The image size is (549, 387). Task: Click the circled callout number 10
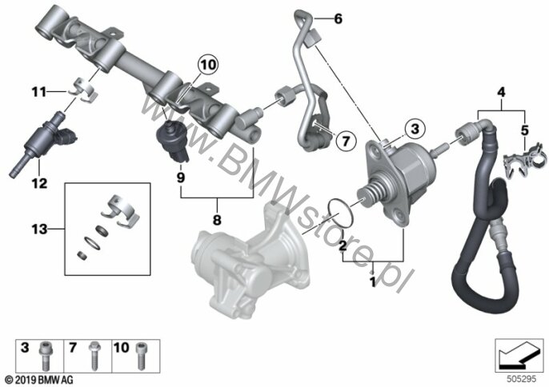(x=208, y=65)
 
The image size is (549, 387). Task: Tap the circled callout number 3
(x=415, y=129)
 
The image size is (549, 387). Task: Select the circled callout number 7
(x=346, y=141)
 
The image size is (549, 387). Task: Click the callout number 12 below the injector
(x=39, y=183)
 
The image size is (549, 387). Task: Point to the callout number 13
(x=39, y=229)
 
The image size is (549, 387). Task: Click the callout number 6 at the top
(x=338, y=19)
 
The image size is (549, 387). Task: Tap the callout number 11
(x=39, y=93)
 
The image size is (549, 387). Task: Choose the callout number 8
(x=217, y=220)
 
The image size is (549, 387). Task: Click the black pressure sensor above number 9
(x=172, y=140)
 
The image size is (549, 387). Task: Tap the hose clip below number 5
(x=524, y=160)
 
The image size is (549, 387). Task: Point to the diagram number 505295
(x=522, y=379)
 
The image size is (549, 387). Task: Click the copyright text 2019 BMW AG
(x=39, y=380)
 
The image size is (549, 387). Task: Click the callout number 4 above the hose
(x=501, y=93)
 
